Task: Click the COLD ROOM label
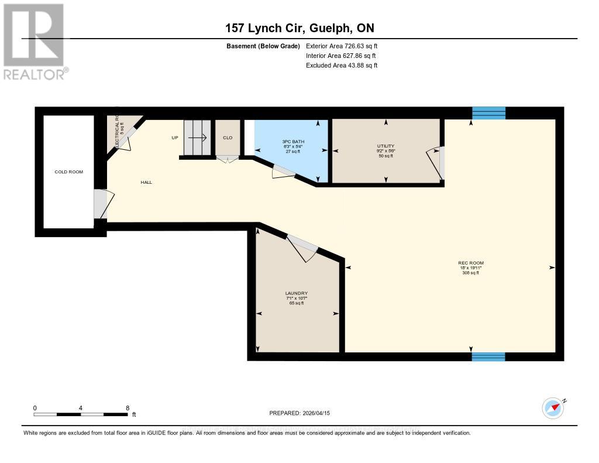[69, 172]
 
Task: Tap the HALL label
[146, 183]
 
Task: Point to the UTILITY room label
[385, 146]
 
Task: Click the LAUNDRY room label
[297, 293]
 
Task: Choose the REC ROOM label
[470, 263]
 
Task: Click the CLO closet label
[228, 138]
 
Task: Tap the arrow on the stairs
[197, 138]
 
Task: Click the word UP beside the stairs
[174, 138]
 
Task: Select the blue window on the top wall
[489, 113]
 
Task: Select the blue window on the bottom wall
[488, 356]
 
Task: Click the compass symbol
[552, 408]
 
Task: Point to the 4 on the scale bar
[81, 408]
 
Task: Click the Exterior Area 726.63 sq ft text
[341, 46]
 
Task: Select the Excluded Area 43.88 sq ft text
[341, 66]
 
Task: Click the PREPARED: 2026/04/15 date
[299, 413]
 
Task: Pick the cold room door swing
[101, 204]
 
